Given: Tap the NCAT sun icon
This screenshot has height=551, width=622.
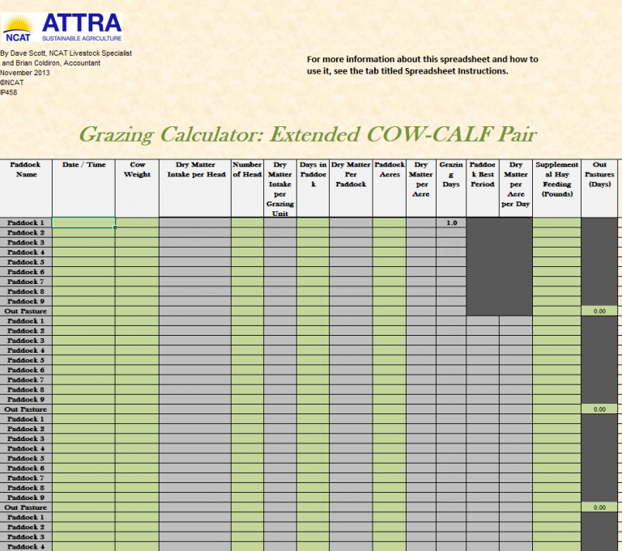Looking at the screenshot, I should [x=18, y=23].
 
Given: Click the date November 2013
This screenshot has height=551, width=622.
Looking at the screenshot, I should [x=25, y=73].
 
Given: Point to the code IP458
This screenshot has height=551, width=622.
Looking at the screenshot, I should [x=9, y=92].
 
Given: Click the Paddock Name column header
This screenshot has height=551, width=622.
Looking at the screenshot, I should [x=25, y=169].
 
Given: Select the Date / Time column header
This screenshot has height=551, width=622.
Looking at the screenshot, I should [x=84, y=165].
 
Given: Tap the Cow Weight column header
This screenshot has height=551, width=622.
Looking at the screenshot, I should [x=137, y=169].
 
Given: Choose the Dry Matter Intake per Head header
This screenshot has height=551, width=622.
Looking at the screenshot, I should [x=195, y=169].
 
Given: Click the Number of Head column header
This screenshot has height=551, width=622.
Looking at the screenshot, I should [x=247, y=169].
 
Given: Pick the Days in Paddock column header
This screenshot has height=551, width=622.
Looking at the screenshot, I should [x=313, y=174].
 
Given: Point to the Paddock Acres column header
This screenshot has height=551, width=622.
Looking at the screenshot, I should [x=390, y=169].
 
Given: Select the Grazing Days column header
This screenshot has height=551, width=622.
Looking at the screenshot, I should [x=451, y=174].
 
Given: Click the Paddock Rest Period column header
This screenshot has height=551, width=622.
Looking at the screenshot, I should [x=483, y=174].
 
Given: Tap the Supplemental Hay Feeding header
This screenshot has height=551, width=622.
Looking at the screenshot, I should [x=556, y=179].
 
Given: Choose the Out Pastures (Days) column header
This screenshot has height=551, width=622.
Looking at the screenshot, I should [x=599, y=174].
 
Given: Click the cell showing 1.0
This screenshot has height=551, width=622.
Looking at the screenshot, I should [x=451, y=223].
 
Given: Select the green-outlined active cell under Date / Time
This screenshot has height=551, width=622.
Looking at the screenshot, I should [x=84, y=223].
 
